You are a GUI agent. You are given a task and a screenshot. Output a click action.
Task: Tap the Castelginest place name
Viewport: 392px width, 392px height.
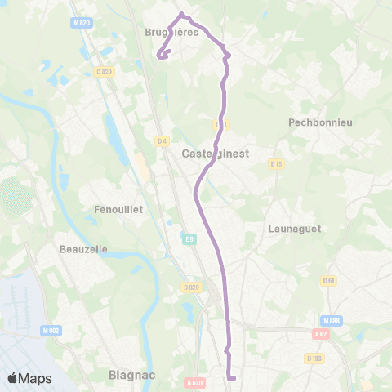pyautogui.click(x=215, y=153)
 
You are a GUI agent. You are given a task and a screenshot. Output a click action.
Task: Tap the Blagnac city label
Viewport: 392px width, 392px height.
pyautogui.click(x=129, y=376)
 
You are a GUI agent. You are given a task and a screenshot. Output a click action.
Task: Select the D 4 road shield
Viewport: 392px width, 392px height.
pyautogui.click(x=162, y=140)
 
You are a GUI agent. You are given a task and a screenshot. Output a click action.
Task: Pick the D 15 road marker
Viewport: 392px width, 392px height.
pyautogui.click(x=276, y=163)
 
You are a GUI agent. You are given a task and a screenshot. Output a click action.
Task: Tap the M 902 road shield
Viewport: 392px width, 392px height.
pyautogui.click(x=51, y=330)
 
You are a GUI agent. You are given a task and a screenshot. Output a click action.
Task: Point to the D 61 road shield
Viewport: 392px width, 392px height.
pyautogui.click(x=329, y=281)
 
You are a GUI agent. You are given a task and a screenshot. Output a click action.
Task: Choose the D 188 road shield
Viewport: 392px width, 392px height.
pyautogui.click(x=315, y=358)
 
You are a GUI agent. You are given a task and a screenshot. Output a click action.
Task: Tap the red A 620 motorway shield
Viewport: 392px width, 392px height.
pyautogui.click(x=194, y=381)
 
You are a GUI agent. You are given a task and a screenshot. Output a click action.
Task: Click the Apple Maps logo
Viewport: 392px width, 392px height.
pyautogui.click(x=29, y=378)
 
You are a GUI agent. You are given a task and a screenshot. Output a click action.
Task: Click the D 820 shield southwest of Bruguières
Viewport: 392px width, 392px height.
pyautogui.click(x=103, y=72)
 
